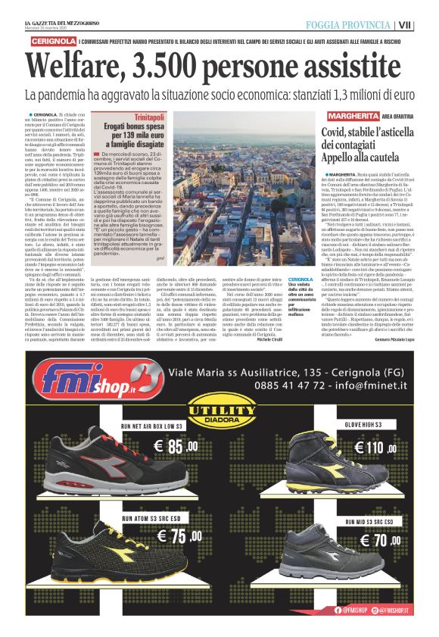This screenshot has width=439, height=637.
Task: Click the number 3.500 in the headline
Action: pos(195,67)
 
